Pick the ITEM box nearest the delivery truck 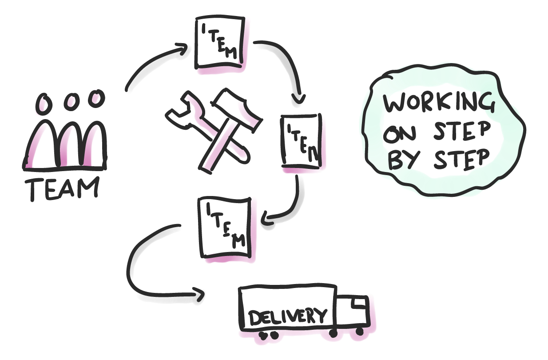225,228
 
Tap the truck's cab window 359,304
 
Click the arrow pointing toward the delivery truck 147,276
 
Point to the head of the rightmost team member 95,98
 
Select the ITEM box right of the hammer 301,141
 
